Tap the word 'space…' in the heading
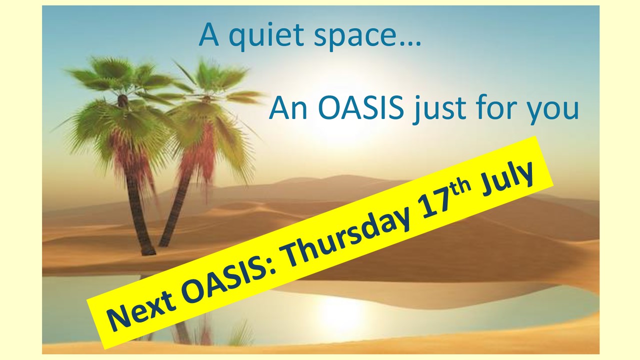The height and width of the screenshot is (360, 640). click(367, 37)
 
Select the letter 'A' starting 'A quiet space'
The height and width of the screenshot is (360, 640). click(209, 34)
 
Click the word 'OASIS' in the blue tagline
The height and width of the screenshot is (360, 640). click(360, 108)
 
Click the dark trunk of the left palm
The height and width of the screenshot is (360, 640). click(137, 211)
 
